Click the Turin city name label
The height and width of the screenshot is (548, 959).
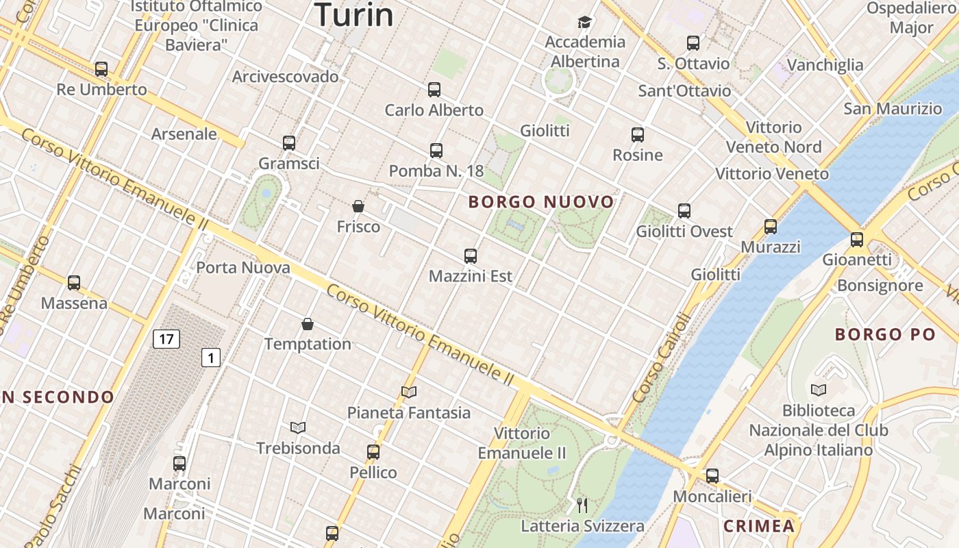(354, 15)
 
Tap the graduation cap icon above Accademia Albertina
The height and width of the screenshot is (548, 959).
(584, 23)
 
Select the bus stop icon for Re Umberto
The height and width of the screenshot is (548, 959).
(101, 69)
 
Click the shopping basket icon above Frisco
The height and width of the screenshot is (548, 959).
(358, 206)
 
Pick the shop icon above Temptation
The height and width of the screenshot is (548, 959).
(308, 323)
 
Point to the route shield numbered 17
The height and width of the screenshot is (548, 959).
(166, 338)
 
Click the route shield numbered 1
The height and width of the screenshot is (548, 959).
(211, 357)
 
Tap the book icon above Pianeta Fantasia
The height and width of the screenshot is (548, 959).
(409, 392)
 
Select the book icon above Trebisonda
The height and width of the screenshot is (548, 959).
(297, 427)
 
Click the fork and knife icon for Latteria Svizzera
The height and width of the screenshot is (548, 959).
(582, 506)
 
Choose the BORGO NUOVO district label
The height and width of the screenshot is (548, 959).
(541, 201)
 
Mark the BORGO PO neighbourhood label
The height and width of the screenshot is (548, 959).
(885, 334)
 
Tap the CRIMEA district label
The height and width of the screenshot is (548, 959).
(759, 526)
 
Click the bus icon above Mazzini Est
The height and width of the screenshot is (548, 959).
(470, 256)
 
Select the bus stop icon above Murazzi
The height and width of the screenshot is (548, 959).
(771, 227)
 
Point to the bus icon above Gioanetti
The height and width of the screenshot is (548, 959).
(857, 240)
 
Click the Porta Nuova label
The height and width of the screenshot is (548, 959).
(243, 267)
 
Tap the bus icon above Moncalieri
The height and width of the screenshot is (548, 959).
(712, 475)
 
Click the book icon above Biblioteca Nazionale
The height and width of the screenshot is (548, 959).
(818, 390)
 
